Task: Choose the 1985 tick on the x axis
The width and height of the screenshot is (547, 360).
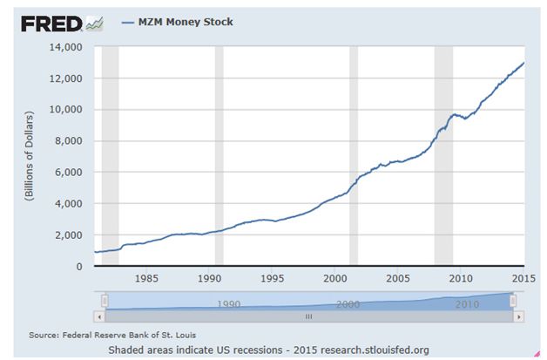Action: point(145,279)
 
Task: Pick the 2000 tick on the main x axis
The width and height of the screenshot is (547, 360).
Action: point(335,279)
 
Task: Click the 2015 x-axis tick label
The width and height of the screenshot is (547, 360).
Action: point(523,279)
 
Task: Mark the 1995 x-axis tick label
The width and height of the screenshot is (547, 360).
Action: point(273,279)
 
